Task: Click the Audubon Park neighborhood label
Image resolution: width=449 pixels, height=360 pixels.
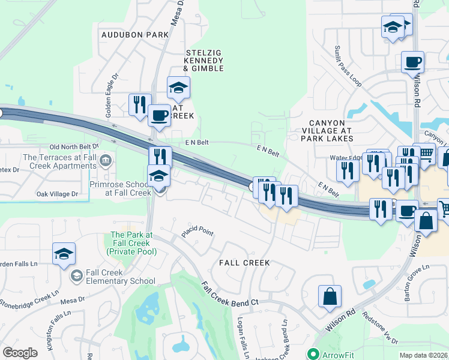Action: (x=135, y=35)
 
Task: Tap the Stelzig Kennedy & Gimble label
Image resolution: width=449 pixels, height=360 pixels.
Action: (x=203, y=61)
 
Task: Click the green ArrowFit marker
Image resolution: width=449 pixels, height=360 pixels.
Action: (x=312, y=354)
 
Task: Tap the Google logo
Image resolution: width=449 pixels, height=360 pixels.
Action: (x=20, y=352)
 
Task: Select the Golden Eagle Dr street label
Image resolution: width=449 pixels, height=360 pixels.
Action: (x=110, y=104)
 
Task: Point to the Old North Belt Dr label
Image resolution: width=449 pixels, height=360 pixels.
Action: (x=74, y=146)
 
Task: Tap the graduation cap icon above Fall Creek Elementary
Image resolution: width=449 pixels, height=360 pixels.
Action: (x=63, y=254)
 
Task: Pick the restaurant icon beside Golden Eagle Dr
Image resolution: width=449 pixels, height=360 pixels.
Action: (x=139, y=104)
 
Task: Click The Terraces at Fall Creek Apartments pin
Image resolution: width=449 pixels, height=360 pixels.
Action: (x=106, y=160)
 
